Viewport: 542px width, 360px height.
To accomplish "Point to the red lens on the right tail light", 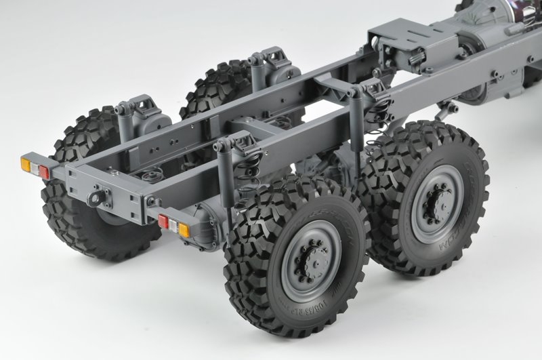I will coord(164,221).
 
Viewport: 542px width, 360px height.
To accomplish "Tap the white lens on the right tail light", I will coord(173,225).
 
